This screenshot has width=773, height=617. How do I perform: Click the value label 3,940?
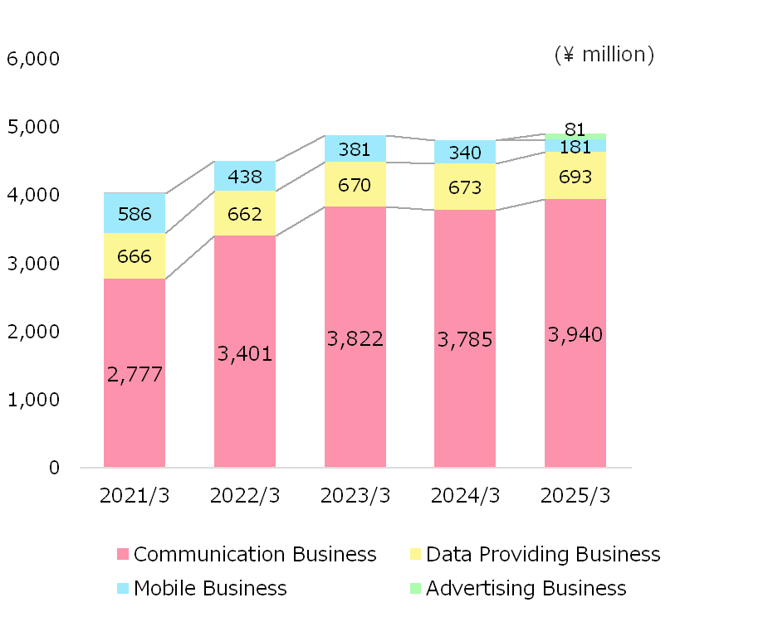(575, 335)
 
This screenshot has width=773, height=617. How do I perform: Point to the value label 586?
(135, 215)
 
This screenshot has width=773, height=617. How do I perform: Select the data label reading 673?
(465, 188)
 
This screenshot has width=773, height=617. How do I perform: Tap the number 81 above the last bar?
(575, 129)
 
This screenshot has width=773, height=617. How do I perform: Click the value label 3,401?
(245, 355)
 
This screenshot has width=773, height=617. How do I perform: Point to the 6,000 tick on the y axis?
(32, 59)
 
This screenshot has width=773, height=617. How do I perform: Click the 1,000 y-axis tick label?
(32, 400)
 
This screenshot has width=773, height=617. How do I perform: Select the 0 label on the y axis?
(55, 468)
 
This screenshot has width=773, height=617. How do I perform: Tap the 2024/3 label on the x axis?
(466, 496)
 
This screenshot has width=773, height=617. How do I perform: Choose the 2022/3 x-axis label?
(245, 496)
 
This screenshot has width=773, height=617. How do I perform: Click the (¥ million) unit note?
(604, 55)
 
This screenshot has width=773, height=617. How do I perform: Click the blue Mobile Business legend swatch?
(124, 589)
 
